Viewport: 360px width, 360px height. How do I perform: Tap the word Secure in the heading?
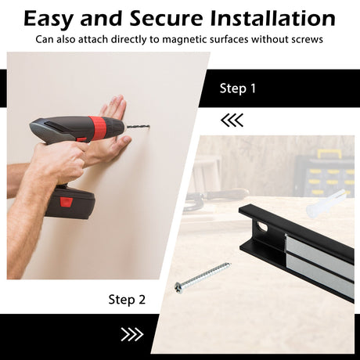click(166, 18)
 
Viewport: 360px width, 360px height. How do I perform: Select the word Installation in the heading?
click(272, 18)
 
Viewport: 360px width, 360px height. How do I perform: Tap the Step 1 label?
click(238, 88)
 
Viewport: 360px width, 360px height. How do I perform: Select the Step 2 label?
click(127, 300)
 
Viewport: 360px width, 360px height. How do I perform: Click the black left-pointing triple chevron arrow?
click(232, 121)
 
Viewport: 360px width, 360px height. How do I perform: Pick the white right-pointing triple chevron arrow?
click(132, 334)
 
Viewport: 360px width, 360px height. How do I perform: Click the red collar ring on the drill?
click(98, 127)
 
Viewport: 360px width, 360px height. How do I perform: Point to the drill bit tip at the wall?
click(149, 126)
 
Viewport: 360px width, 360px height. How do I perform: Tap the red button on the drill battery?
click(67, 202)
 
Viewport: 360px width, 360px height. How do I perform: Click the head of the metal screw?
click(179, 287)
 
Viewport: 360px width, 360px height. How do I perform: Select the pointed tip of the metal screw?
click(230, 263)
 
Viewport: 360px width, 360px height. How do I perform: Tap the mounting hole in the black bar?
click(262, 226)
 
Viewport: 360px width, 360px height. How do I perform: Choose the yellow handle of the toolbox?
click(329, 153)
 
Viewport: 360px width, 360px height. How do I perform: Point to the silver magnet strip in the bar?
click(319, 263)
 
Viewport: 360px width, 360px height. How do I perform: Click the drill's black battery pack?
click(69, 202)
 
